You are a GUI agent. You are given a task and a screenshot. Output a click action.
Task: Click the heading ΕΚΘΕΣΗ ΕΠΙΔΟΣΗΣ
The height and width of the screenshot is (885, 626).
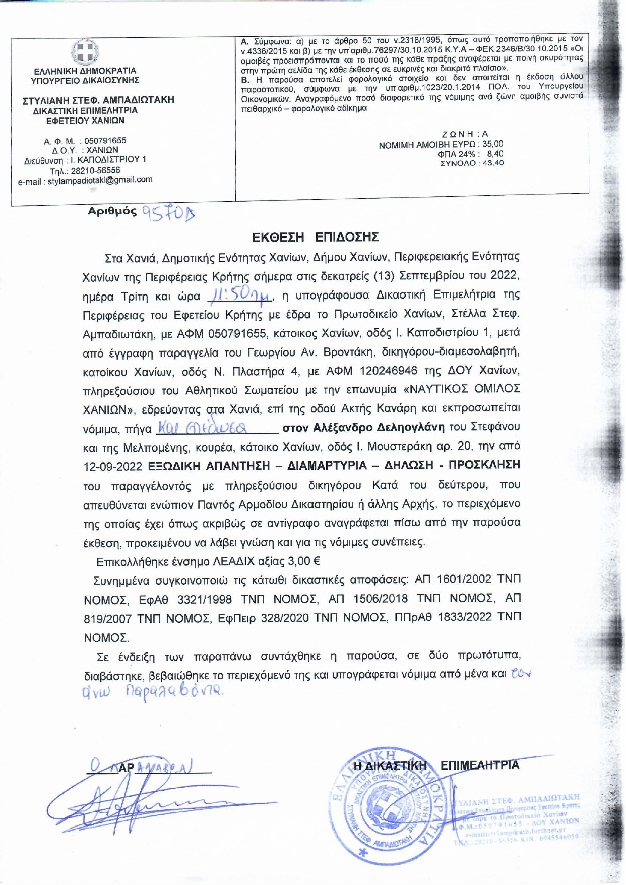[316, 237]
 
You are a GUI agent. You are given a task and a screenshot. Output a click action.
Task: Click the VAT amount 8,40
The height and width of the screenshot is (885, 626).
[495, 154]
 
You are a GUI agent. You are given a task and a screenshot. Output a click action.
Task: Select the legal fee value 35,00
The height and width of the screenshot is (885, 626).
[492, 144]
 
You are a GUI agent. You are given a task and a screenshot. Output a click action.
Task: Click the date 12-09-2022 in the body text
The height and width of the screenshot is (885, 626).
[113, 466]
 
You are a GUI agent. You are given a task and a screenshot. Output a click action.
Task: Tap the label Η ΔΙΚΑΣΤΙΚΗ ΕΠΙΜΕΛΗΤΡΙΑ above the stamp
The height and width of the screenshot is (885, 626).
[436, 765]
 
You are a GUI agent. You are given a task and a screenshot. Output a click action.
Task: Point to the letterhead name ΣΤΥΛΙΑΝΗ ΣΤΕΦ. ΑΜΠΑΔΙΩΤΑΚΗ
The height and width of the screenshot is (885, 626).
[98, 100]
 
